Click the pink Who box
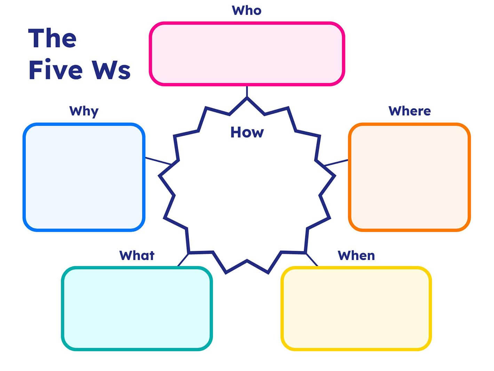coord(247,54)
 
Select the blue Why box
coord(84,177)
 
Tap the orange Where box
coord(409,177)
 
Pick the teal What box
coord(137,308)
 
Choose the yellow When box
coord(356,308)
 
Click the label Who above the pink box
coord(247,10)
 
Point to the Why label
coord(84,111)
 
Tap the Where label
coord(409,111)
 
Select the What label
coord(137,255)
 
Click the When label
coord(356,255)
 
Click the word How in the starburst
coord(247,132)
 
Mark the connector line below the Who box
coord(247,91)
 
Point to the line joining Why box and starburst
coord(158,161)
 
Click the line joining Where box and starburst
coord(336,163)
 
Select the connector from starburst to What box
coord(183,260)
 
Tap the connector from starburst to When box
coord(312,260)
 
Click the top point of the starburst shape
coord(247,99)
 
